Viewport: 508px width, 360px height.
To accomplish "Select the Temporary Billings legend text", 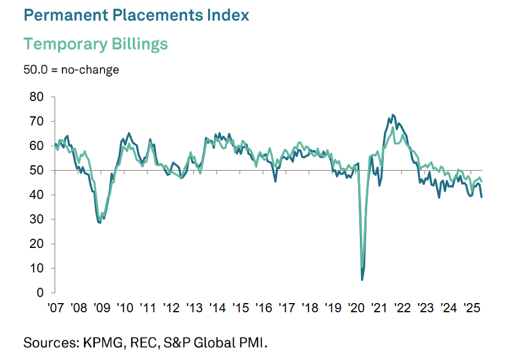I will [95, 44].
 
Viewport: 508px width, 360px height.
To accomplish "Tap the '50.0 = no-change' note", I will [71, 69].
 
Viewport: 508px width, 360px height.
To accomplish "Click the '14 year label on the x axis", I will [217, 307].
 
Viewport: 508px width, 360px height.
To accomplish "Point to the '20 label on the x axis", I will [356, 307].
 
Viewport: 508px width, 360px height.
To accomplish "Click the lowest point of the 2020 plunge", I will [362, 280].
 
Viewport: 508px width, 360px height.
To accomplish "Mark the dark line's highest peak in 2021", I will [392, 114].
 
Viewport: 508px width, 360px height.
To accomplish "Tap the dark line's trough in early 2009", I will [99, 222].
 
